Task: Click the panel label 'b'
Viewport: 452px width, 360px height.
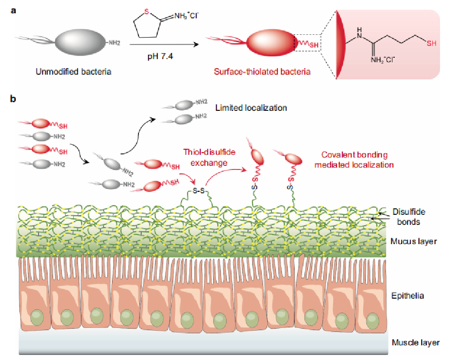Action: [x=14, y=98]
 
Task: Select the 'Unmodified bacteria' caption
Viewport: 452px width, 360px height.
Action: [x=73, y=72]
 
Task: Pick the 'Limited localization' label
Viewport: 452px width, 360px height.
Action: [x=251, y=108]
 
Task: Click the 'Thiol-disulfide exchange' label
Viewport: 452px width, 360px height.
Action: [x=205, y=156]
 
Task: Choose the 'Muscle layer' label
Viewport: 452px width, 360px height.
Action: [x=416, y=342]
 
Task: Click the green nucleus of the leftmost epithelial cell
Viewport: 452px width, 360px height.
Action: [x=37, y=316]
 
